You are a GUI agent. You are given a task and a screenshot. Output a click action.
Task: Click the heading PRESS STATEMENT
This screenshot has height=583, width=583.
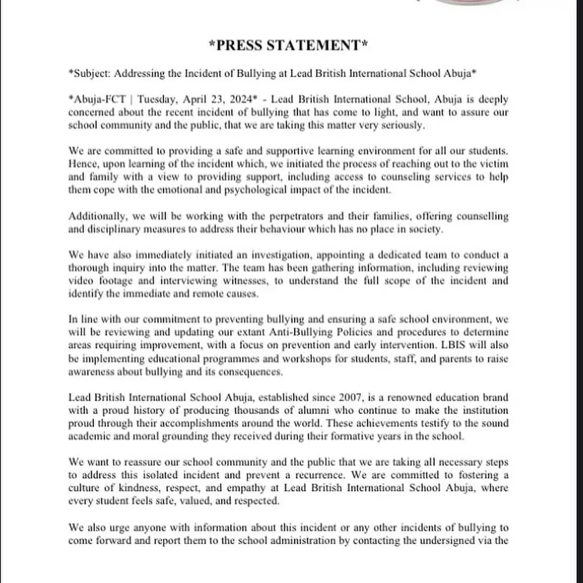tap(288, 46)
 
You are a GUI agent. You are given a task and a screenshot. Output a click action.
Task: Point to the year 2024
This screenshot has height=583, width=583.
tap(246, 100)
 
